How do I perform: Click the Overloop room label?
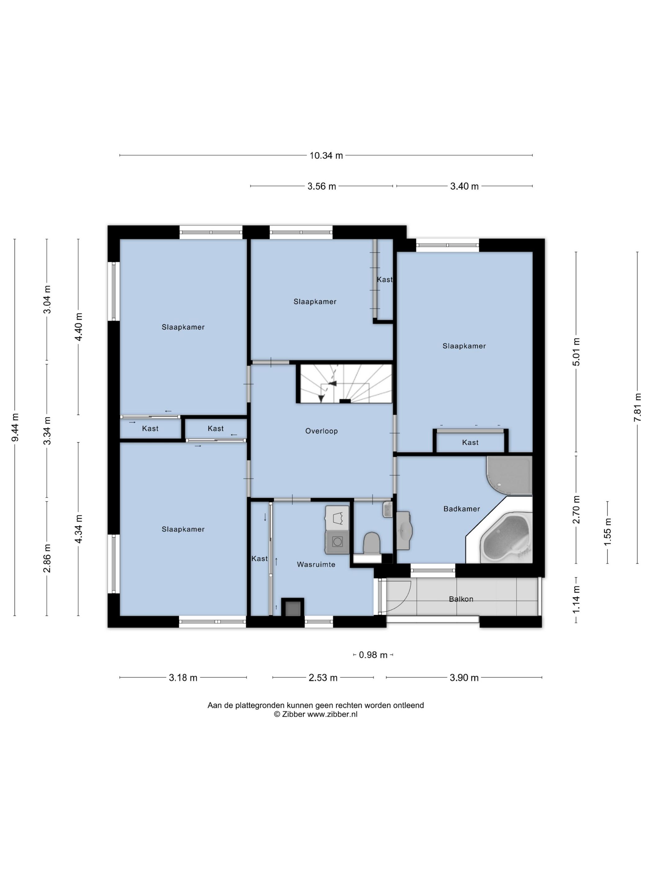click(x=321, y=431)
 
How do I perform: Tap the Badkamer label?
click(x=462, y=509)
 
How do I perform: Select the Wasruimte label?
click(x=316, y=565)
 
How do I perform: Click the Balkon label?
click(x=461, y=599)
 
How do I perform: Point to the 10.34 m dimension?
click(x=326, y=155)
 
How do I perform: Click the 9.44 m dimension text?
click(x=15, y=427)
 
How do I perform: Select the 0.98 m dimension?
click(x=374, y=655)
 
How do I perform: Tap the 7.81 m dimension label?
click(x=637, y=407)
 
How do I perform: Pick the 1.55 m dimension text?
click(x=608, y=532)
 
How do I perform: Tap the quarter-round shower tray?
click(x=509, y=475)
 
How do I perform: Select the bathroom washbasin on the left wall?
click(x=404, y=530)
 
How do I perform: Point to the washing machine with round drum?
click(x=337, y=541)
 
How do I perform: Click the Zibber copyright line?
click(x=315, y=715)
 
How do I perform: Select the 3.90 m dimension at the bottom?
click(x=464, y=678)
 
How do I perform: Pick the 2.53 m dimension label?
click(x=323, y=678)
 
